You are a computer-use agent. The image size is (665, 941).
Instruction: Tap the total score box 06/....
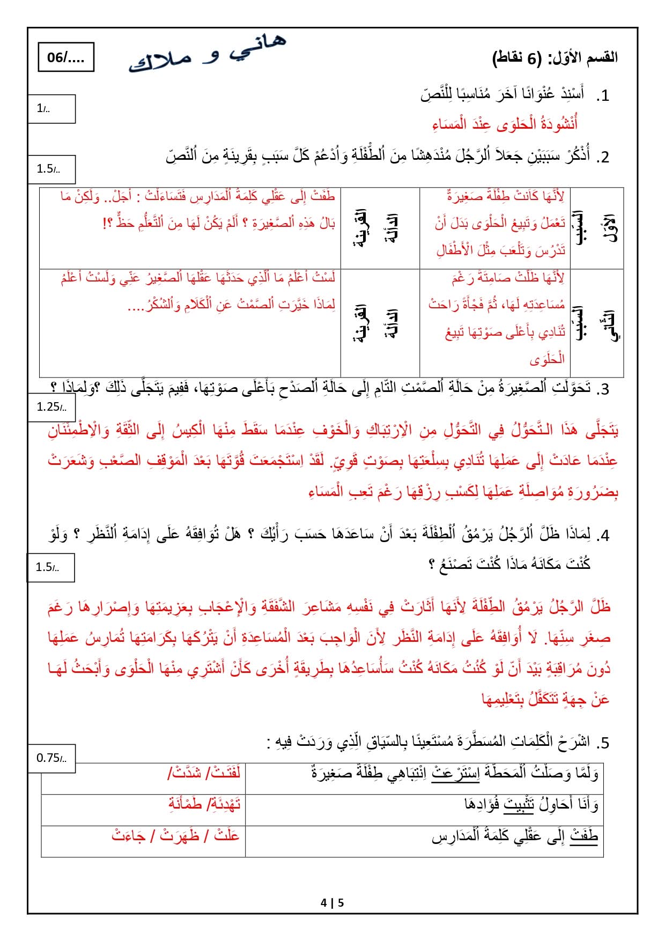(x=66, y=57)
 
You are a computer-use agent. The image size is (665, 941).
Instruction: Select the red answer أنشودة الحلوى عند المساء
(x=505, y=124)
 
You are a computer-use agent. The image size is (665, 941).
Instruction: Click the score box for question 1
(x=51, y=109)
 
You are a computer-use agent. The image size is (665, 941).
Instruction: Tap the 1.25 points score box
(x=51, y=407)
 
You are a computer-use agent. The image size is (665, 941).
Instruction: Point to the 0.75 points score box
(x=51, y=758)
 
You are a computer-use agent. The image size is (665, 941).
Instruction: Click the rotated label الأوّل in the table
(x=611, y=228)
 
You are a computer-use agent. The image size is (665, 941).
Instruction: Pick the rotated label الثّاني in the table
(x=611, y=325)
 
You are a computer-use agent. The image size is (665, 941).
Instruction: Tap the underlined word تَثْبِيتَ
(x=519, y=805)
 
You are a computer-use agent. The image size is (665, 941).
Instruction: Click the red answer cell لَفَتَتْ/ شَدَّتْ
(x=204, y=773)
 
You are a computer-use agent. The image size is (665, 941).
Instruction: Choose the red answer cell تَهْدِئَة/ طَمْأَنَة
(x=204, y=804)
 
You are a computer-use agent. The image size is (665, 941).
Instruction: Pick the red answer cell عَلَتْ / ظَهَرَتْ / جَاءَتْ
(x=175, y=835)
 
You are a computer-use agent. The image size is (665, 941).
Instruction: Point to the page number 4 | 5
(x=332, y=903)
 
